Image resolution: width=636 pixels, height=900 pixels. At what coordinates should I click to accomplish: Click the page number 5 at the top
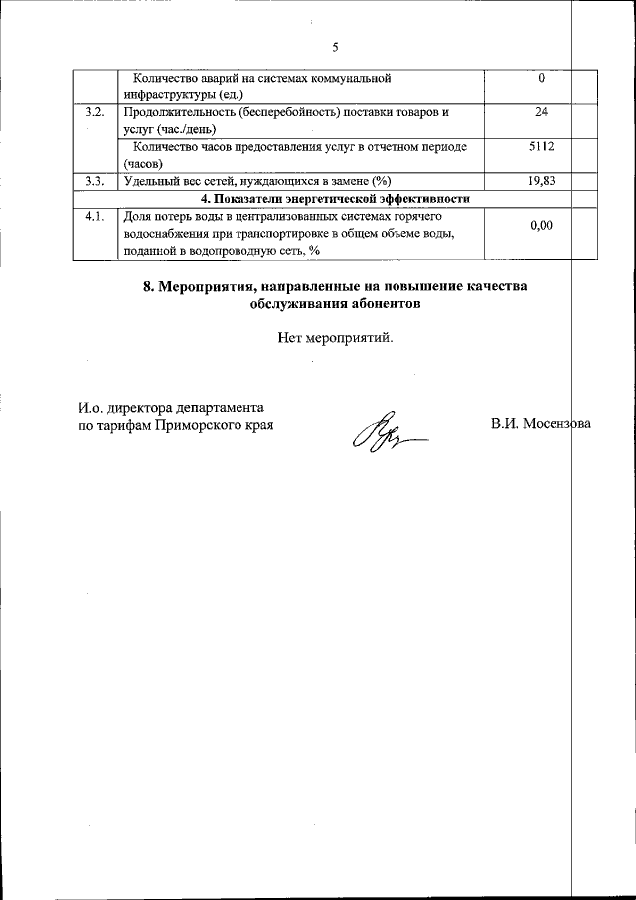(335, 47)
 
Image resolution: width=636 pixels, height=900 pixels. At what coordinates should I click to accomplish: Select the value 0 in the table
(541, 78)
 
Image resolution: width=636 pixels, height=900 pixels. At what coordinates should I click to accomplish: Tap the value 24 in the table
(541, 112)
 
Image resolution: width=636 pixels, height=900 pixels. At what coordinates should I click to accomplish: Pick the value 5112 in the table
(541, 147)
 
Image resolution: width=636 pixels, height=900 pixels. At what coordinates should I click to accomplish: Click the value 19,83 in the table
(541, 180)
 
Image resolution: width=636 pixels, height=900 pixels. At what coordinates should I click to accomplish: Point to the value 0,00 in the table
(541, 226)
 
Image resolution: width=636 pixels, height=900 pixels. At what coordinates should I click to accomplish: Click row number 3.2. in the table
(95, 112)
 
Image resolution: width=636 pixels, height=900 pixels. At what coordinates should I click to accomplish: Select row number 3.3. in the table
(95, 180)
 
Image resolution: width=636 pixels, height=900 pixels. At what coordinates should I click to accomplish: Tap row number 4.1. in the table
(95, 215)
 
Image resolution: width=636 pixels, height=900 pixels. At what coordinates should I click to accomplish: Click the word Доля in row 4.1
(136, 215)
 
